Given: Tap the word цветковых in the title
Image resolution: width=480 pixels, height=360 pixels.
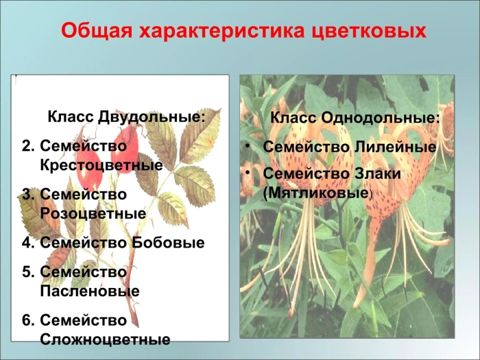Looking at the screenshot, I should tap(363, 32).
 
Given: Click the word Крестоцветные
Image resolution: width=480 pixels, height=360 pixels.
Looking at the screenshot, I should tap(101, 165).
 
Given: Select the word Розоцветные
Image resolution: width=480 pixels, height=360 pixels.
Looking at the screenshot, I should tap(93, 213).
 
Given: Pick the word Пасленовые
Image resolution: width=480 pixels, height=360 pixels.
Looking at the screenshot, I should tap(90, 291).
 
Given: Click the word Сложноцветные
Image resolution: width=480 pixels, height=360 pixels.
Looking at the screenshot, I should tap(105, 339).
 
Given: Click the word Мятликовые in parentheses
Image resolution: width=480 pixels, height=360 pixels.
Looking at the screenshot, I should tap(316, 193).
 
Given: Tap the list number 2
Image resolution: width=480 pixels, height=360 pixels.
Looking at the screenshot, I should tap(27, 146).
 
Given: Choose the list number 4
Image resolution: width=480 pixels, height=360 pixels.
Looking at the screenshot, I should tap(27, 242).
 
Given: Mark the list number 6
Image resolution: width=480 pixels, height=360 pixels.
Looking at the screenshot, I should tap(27, 320).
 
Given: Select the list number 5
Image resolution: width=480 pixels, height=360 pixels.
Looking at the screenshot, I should tap(27, 272).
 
